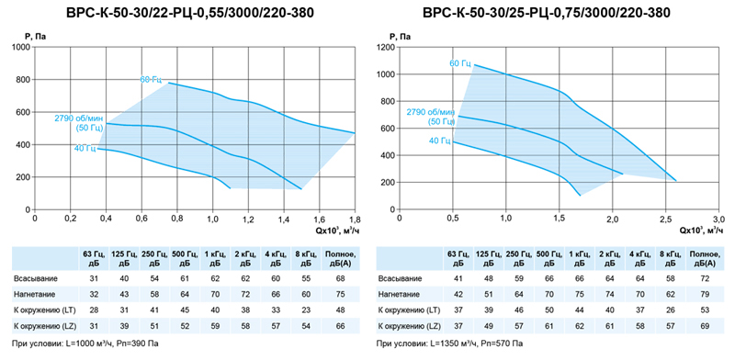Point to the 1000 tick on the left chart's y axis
[21, 48]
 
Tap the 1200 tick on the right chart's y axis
[386, 48]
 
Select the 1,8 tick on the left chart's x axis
[355, 219]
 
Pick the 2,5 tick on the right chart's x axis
[665, 219]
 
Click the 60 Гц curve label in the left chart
[151, 79]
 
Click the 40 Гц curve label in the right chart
[440, 141]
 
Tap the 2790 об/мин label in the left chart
[79, 118]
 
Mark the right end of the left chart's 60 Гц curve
[355, 133]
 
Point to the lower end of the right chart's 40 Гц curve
[581, 195]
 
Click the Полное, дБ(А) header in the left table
[341, 259]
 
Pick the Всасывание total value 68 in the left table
[341, 278]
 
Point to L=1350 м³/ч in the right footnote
[452, 343]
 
